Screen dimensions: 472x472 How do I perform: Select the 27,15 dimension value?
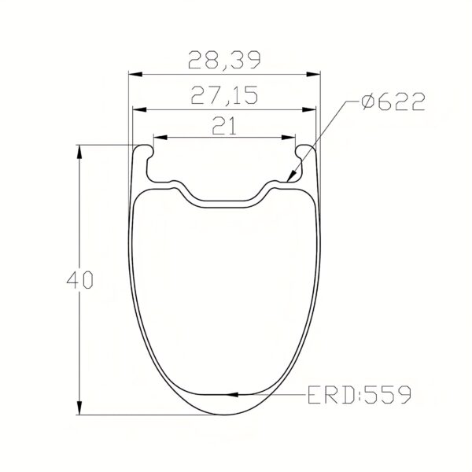pyautogui.click(x=224, y=96)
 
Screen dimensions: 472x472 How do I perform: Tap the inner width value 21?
pyautogui.click(x=225, y=124)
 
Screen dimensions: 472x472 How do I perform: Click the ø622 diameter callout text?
pyautogui.click(x=392, y=103)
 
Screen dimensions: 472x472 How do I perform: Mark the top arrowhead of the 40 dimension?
pyautogui.click(x=79, y=150)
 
